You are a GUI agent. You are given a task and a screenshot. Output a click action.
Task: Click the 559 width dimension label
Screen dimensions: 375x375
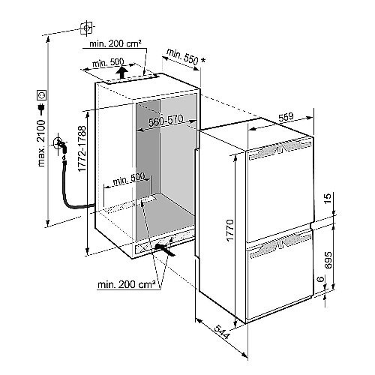(x=286, y=117)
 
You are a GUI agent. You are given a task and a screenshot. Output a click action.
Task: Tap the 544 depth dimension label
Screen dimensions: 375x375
(x=222, y=332)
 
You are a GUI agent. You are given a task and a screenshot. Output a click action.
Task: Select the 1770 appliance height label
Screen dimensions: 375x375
(x=229, y=230)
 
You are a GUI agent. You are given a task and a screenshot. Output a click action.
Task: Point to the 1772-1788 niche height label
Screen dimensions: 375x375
(x=82, y=148)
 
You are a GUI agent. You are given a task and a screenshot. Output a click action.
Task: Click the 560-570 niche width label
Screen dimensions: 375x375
(x=166, y=121)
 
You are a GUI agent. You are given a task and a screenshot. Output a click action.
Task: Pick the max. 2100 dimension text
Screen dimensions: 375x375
(x=41, y=143)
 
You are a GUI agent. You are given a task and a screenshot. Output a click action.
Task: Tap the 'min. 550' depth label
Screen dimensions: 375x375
(x=182, y=56)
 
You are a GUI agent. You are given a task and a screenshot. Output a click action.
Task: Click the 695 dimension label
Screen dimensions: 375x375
(x=328, y=260)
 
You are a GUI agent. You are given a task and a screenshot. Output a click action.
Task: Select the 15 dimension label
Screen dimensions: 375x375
(x=328, y=199)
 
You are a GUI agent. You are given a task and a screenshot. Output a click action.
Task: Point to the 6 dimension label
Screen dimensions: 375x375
(x=321, y=278)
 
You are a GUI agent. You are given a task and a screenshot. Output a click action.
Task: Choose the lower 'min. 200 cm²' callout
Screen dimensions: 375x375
(x=127, y=284)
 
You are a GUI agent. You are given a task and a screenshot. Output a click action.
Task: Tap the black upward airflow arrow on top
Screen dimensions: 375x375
(x=122, y=72)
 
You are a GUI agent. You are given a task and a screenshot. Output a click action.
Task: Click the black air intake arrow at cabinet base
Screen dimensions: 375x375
(x=164, y=250)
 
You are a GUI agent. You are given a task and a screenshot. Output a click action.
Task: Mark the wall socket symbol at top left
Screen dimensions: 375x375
(x=86, y=28)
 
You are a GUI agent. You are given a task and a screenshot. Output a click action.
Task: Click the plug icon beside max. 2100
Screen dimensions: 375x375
(x=41, y=108)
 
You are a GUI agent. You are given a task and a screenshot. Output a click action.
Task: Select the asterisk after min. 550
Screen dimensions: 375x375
(x=203, y=61)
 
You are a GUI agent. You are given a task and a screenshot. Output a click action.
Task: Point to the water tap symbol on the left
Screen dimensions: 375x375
(x=60, y=145)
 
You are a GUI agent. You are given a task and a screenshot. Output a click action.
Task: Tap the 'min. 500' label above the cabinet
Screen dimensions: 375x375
(x=108, y=62)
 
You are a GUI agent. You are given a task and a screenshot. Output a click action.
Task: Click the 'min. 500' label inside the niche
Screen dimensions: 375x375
(x=129, y=178)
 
